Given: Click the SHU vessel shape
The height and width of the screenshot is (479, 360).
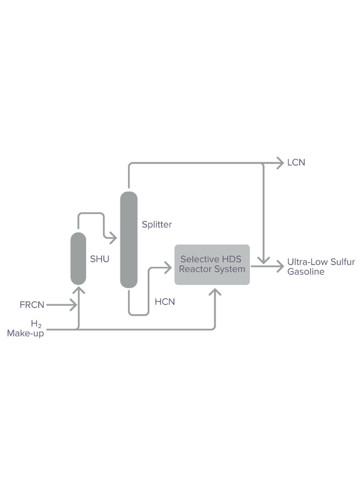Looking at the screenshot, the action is pos(78,259).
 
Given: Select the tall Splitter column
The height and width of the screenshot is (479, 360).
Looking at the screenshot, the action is pos(128,240).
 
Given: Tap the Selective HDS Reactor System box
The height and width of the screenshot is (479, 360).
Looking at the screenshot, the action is pos(212,264).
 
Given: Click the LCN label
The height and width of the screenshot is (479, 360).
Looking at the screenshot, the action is pos(296,162).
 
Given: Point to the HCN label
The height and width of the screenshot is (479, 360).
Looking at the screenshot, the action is pos(165,302).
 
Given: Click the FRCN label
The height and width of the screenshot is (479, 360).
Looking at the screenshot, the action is pos(32,305).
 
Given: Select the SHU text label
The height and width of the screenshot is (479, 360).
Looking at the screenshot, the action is pos(100,259).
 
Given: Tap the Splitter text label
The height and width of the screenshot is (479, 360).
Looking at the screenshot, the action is pos(157,225).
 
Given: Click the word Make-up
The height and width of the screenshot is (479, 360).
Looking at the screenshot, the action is pos(25,333).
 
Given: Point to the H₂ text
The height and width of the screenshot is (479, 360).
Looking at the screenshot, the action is pos(36,324).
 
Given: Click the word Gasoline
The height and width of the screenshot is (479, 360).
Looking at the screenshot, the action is pos(306,272).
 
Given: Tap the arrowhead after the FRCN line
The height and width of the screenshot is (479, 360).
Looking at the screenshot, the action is pos(73,305).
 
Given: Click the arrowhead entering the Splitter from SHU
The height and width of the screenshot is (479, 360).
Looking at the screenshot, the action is pos(113,238).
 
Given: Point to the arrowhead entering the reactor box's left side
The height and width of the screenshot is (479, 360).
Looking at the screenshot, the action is pos(168,268).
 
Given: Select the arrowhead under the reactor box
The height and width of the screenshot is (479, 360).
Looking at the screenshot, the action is pos(215,292).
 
